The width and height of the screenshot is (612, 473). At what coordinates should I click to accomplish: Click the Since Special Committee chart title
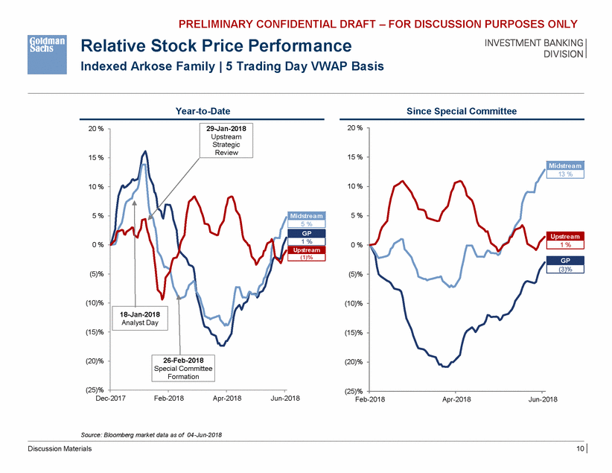462,111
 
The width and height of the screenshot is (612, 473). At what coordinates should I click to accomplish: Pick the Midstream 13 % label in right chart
565,169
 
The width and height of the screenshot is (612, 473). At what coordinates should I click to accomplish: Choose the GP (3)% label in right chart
565,264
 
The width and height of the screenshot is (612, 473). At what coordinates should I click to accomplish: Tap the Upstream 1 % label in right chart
565,239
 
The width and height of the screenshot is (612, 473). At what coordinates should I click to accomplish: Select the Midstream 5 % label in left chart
306,220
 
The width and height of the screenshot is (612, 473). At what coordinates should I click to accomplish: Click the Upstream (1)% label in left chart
306,254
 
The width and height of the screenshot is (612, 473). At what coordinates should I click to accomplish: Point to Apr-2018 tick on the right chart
456,400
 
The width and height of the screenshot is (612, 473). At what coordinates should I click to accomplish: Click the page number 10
578,448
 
